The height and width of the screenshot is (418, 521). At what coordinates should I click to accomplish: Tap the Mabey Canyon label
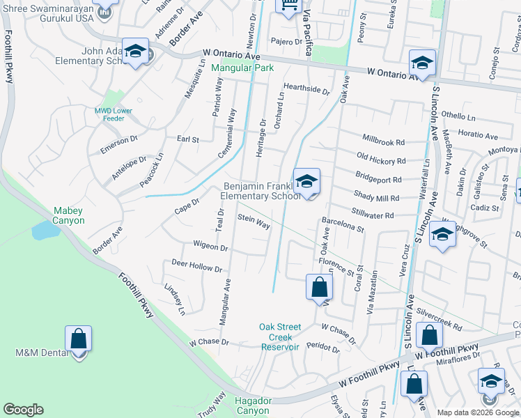tap(69, 215)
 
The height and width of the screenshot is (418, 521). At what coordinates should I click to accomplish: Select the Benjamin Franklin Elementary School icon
tap(306, 182)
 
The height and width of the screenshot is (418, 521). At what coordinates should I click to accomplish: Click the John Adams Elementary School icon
tap(136, 52)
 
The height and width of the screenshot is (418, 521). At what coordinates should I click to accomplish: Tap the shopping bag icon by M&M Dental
tap(78, 339)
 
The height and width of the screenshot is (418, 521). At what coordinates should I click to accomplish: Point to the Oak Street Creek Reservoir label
tap(280, 336)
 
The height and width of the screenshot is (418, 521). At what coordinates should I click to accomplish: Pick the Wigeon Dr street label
tap(210, 247)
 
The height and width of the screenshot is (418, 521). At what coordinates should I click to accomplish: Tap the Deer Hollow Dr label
tap(196, 265)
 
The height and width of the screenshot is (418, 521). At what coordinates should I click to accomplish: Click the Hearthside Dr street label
tap(306, 90)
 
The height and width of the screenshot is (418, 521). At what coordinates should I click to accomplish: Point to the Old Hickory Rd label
tap(380, 156)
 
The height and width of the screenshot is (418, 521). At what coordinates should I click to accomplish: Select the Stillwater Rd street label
tap(373, 215)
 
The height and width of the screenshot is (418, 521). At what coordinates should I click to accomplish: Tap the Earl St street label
tap(188, 139)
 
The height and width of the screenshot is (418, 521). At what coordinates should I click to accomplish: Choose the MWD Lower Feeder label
tap(114, 114)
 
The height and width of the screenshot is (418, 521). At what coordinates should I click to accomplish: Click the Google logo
tap(24, 410)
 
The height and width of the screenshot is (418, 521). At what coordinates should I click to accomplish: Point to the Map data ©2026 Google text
tap(477, 412)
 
